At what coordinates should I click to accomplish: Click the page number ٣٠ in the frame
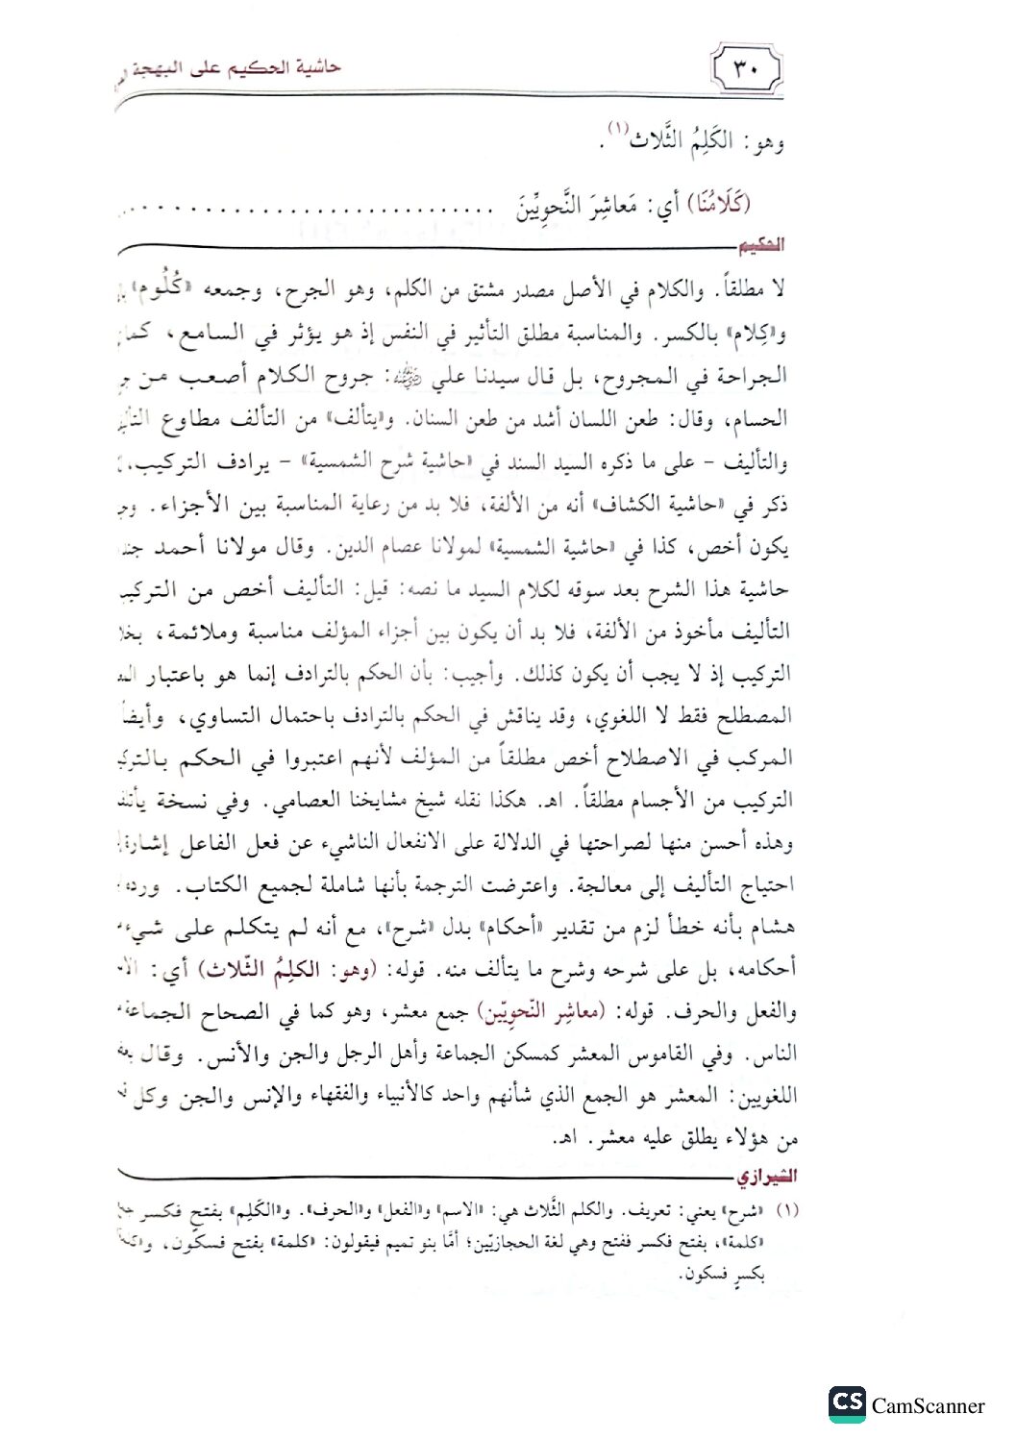746,70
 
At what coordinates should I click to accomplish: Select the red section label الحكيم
760,246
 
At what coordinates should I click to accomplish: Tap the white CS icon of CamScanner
847,1404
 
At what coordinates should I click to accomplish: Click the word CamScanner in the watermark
928,1406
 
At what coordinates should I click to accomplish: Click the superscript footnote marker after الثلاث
615,130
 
